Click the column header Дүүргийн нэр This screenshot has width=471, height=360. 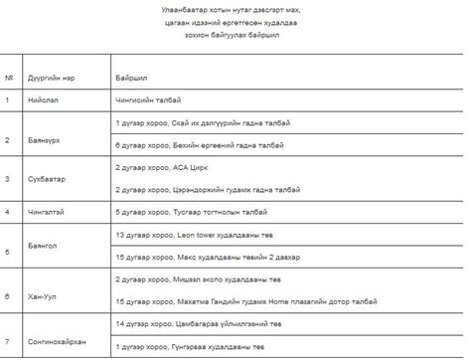click(50, 76)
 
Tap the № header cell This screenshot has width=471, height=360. click(9, 76)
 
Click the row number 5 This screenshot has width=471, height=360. click(7, 253)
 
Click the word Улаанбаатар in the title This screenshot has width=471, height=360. click(190, 10)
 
